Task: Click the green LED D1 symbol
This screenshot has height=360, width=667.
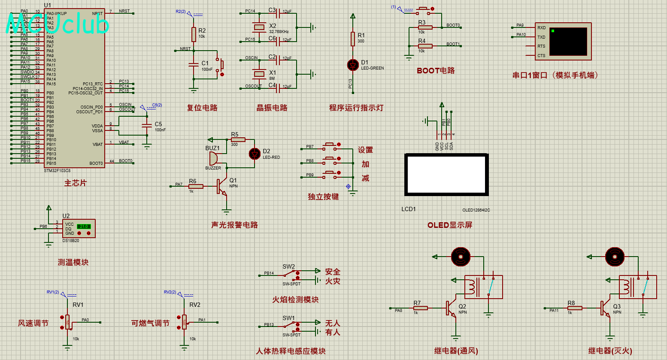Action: [353, 65]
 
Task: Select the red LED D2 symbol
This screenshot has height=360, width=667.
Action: [255, 153]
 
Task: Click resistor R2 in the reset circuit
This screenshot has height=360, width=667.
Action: [194, 34]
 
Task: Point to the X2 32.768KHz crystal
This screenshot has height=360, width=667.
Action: [259, 27]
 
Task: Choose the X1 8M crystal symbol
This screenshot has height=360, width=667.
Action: [259, 74]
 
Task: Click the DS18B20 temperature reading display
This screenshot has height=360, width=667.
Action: [84, 226]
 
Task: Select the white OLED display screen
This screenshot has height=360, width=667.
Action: [446, 174]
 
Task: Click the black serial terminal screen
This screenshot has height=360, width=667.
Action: [568, 42]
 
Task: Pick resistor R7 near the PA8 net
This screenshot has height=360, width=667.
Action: [421, 308]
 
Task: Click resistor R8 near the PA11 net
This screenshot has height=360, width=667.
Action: [575, 308]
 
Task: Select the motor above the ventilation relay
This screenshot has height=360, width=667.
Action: [461, 257]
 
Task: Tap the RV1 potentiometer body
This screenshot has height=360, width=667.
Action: [67, 322]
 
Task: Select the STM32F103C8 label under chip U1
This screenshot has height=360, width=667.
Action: [57, 171]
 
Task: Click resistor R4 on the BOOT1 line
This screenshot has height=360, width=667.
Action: [425, 46]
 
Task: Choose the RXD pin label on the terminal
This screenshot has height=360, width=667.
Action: [541, 28]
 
